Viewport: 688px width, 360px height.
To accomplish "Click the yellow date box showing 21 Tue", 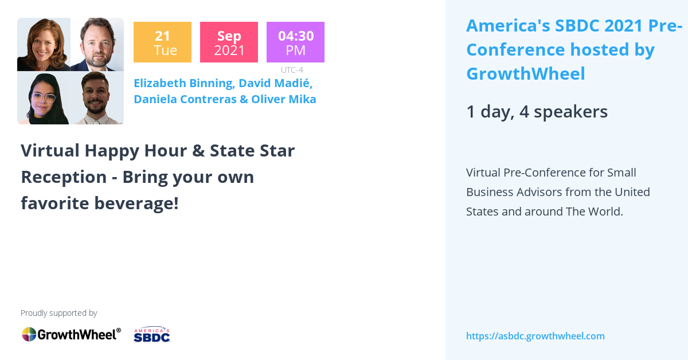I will point(162,42).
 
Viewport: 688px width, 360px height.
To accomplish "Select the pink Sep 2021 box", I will point(229,42).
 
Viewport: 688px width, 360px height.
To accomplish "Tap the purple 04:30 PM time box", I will point(295,42).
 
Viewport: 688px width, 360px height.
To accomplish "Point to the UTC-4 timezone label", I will point(292,70).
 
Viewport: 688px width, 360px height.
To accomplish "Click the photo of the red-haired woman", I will point(44,45).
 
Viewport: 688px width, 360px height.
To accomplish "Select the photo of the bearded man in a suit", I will point(97,45).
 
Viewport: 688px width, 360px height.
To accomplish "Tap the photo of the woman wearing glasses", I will point(44,98).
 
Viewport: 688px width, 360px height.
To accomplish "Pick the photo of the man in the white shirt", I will point(97,98).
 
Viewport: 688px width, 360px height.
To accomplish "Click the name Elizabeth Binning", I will point(184,83).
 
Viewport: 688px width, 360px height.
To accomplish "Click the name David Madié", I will point(275,83).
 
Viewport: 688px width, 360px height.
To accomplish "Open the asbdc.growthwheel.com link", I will point(535,336).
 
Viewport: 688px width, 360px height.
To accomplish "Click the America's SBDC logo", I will point(152,335).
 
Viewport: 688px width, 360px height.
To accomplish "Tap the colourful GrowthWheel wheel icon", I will point(29,334).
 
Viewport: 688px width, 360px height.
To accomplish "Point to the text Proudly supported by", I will point(58,313).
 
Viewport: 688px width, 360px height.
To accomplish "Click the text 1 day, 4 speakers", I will point(537,111).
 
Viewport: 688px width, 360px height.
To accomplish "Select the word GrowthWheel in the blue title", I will point(525,74).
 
